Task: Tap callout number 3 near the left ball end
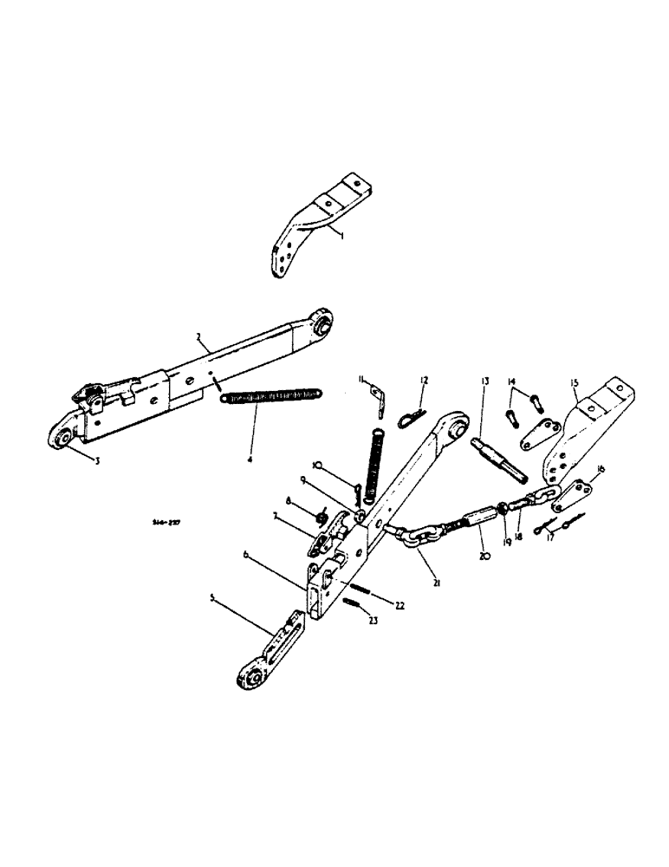(97, 461)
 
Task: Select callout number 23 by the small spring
(374, 620)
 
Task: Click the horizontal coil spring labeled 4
(270, 396)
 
